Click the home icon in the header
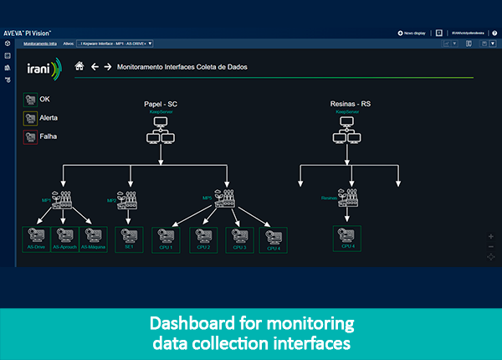[x=79, y=66]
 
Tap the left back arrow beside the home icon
[x=95, y=66]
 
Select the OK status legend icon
[x=30, y=99]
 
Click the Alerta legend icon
[x=30, y=118]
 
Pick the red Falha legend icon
[x=30, y=136]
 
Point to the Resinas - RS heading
[x=350, y=104]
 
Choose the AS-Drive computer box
[x=36, y=238]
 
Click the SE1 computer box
[x=130, y=238]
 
